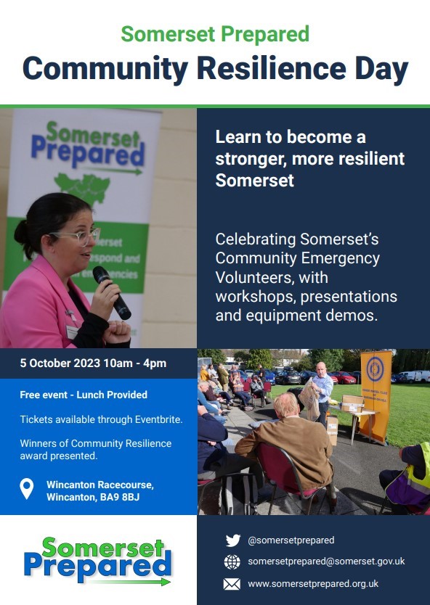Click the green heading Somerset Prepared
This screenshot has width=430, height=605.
tap(215, 34)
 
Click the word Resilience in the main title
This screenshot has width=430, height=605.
tap(272, 68)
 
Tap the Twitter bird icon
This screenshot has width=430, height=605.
tap(233, 540)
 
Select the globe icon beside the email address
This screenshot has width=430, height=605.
tap(232, 562)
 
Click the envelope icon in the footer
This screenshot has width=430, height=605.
tap(232, 584)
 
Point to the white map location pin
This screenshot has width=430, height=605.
tap(27, 489)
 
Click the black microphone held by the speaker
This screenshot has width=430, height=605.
tap(112, 292)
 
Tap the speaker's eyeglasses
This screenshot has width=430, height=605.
tap(77, 236)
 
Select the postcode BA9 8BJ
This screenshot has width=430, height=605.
tap(120, 497)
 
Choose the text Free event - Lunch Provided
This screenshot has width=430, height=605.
tap(84, 395)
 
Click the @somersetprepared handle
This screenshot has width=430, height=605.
tap(291, 540)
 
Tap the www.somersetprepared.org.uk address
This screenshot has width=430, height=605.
tap(313, 584)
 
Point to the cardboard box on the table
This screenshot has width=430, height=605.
tap(352, 403)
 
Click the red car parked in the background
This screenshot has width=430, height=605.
tap(344, 377)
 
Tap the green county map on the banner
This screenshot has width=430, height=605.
tap(82, 187)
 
